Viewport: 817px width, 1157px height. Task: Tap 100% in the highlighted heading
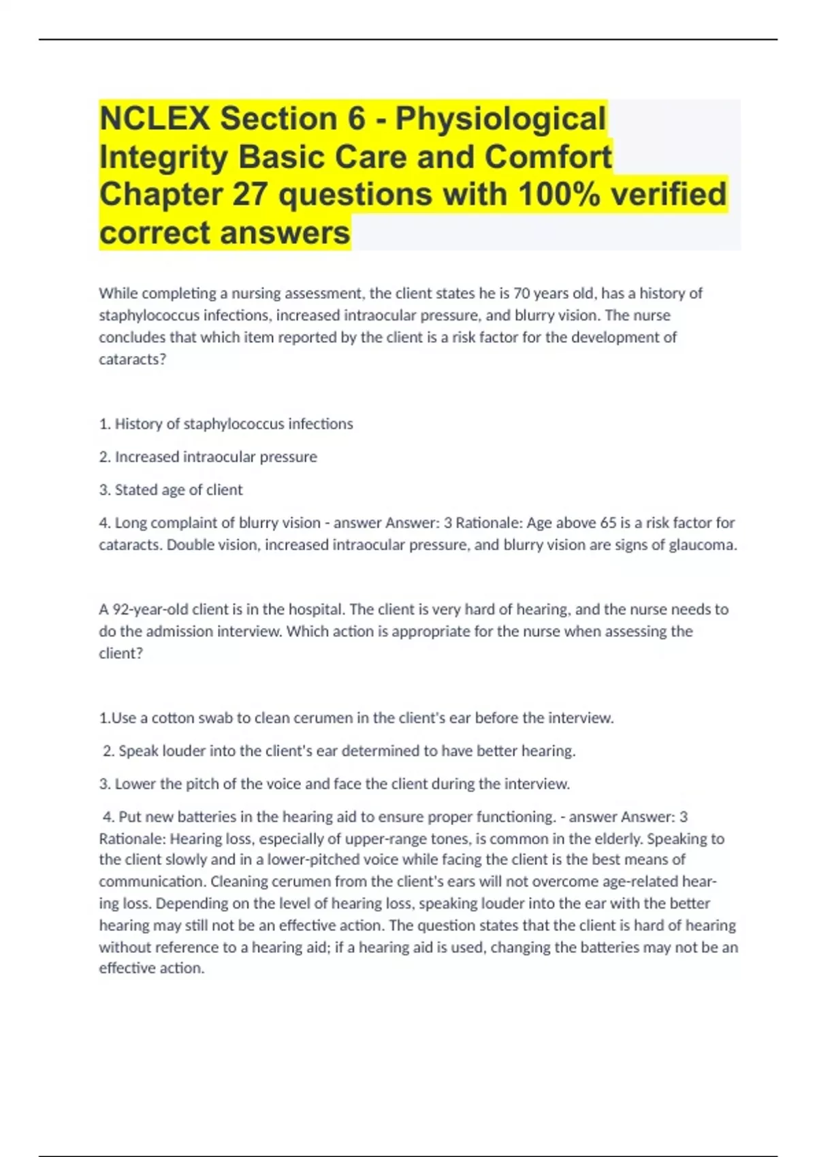[x=558, y=195]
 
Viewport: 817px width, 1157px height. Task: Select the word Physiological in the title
[x=500, y=118]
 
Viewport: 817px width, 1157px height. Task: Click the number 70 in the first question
[x=521, y=293]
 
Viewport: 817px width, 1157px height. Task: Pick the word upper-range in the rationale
[x=381, y=838]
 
